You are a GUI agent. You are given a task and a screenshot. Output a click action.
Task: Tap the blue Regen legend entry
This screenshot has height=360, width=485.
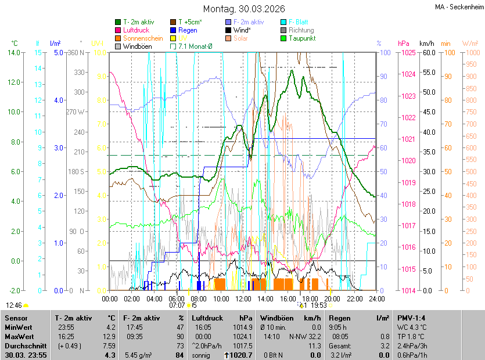[188, 30]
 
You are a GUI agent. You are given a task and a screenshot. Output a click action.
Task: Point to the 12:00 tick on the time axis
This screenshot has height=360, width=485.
[243, 298]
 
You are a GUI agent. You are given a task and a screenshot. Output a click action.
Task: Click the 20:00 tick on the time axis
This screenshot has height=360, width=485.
[332, 298]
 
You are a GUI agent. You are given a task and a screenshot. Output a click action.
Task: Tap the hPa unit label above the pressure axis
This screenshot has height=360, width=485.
[404, 44]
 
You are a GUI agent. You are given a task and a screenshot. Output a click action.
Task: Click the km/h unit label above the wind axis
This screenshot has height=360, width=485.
[427, 44]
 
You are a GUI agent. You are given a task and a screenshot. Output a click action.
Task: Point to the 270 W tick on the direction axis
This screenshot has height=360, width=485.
[76, 112]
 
